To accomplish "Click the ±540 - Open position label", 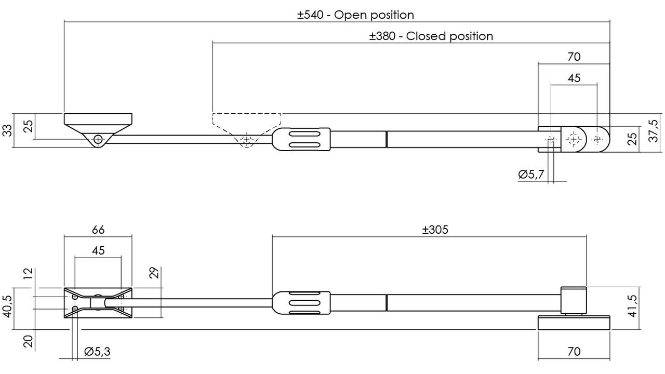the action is (356, 15).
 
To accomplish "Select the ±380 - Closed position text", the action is (431, 36).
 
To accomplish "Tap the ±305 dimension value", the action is (435, 230).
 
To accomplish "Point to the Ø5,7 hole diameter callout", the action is (531, 174).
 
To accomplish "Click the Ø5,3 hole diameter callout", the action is (97, 352).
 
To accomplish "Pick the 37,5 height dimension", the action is (653, 131).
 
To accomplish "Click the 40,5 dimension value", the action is (7, 306).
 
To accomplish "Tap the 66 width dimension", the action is (98, 230).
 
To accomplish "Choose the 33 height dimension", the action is (7, 130).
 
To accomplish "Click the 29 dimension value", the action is (155, 273).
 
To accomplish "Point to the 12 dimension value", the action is (29, 274).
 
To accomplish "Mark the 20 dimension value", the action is (29, 342).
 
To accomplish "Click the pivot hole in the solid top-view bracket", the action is (98, 139).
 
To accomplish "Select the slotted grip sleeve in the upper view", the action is (301, 139).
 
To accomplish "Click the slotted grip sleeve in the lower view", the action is (301, 303).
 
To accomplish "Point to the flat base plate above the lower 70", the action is (574, 323).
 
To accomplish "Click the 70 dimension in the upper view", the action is (574, 57).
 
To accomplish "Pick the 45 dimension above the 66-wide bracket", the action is (98, 250).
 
